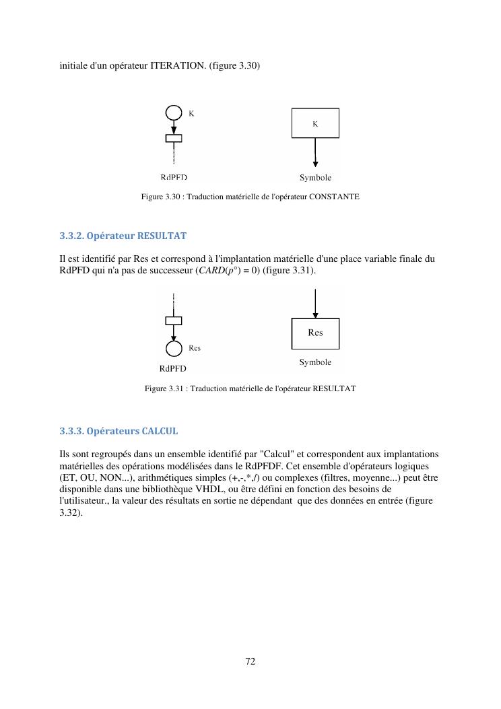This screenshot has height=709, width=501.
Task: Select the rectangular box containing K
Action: pos(315,123)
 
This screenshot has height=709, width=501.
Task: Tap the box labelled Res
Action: pos(315,333)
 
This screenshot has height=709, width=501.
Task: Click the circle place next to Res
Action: pos(174,349)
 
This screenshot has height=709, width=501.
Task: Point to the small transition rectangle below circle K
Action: pos(174,139)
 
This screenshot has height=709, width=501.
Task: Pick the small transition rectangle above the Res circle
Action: pos(174,320)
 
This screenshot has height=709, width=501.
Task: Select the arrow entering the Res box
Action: pos(315,303)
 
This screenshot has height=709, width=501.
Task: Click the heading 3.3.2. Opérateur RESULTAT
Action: pos(123,236)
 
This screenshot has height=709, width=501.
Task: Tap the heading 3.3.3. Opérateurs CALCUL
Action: pos(119,431)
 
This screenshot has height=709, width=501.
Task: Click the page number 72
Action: pos(250,661)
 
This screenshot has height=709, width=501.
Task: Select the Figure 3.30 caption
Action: pos(250,197)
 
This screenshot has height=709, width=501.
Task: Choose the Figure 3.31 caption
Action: pos(250,389)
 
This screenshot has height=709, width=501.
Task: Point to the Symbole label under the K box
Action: pos(315,178)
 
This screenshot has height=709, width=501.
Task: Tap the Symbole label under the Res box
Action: pos(315,362)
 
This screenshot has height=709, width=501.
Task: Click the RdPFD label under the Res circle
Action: pos(173,368)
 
